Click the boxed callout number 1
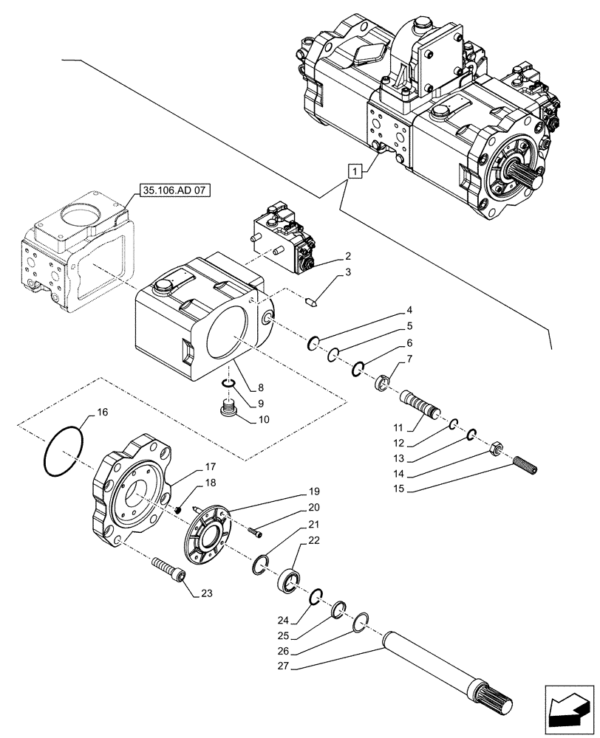click(355, 172)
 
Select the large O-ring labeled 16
click(63, 451)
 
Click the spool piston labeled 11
click(420, 405)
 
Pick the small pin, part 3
click(313, 300)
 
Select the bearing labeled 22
click(288, 579)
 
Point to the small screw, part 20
click(256, 531)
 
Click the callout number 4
click(409, 311)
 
